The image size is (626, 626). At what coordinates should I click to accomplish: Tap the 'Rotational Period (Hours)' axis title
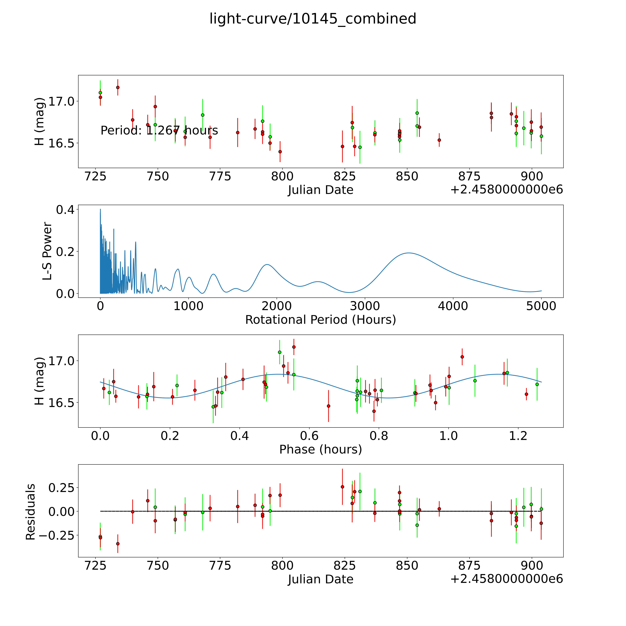tap(320, 320)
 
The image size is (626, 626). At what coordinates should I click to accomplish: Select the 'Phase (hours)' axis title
tap(320, 449)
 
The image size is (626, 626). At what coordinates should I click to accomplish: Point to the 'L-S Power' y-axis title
tap(47, 251)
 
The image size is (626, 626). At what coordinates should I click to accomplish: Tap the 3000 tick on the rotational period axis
tap(365, 306)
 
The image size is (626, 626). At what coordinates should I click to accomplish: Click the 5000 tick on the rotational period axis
tap(541, 306)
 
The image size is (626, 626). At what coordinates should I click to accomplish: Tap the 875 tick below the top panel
tap(469, 177)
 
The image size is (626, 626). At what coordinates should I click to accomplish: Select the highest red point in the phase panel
tap(294, 347)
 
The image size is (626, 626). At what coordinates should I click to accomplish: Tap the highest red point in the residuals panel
tap(342, 487)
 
